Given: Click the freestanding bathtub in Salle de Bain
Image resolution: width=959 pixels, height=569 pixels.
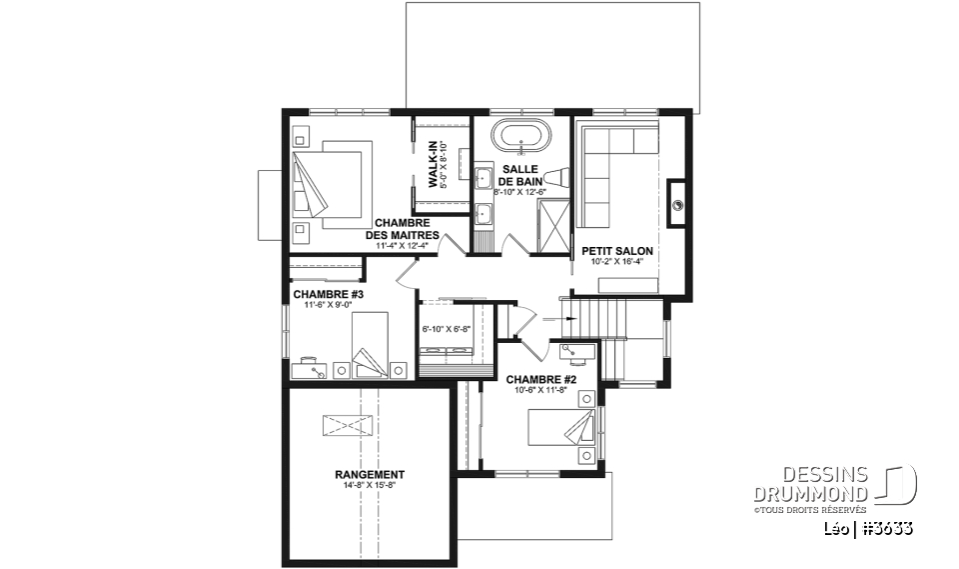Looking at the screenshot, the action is coord(521,134).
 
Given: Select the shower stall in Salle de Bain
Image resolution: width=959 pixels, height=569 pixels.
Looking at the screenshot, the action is coord(553,227).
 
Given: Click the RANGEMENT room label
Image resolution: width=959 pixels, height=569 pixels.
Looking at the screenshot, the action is coord(370,474).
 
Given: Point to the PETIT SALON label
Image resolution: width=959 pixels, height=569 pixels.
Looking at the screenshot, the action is coord(617,251).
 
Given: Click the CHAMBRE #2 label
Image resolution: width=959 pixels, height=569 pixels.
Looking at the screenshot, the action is coord(541,380).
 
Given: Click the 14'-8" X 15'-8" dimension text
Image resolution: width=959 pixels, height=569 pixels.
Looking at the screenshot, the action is coord(370,485).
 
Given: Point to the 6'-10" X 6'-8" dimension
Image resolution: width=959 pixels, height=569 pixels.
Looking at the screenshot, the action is coord(447,329).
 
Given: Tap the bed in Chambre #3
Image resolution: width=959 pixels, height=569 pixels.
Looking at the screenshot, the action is coord(370,345).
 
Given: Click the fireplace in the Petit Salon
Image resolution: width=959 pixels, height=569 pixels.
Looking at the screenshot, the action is coord(676,204).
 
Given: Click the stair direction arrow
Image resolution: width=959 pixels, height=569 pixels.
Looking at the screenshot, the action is coord(559,318).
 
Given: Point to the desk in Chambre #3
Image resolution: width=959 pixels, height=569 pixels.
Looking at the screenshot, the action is coord(312,369).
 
